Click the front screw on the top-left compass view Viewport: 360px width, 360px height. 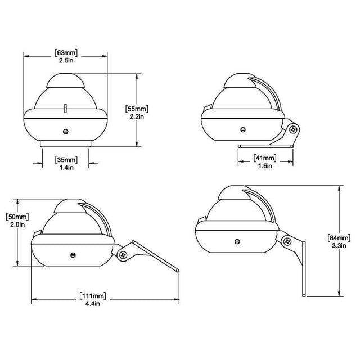click(x=66, y=131)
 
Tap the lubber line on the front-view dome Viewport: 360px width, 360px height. click(x=65, y=107)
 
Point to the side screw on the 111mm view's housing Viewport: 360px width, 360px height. click(x=73, y=254)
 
